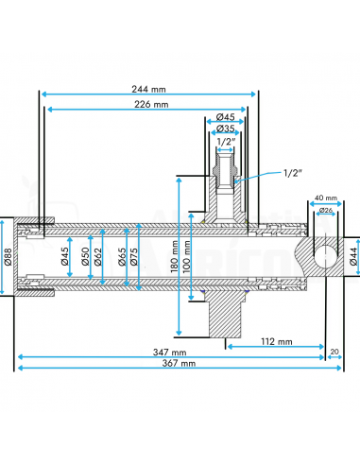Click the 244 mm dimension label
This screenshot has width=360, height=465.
[x=148, y=89]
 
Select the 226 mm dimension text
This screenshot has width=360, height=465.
[x=151, y=104]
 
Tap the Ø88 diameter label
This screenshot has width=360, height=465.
[x=8, y=257]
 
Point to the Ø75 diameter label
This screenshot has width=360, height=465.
[x=133, y=257]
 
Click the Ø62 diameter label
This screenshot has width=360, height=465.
[x=98, y=257]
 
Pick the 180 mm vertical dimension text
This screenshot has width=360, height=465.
[x=174, y=257]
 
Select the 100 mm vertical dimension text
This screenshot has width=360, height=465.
[x=186, y=257]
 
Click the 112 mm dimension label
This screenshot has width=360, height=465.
[x=277, y=341]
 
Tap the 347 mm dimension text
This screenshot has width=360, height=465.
[x=169, y=353]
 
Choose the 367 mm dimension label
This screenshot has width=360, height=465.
[x=179, y=363]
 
